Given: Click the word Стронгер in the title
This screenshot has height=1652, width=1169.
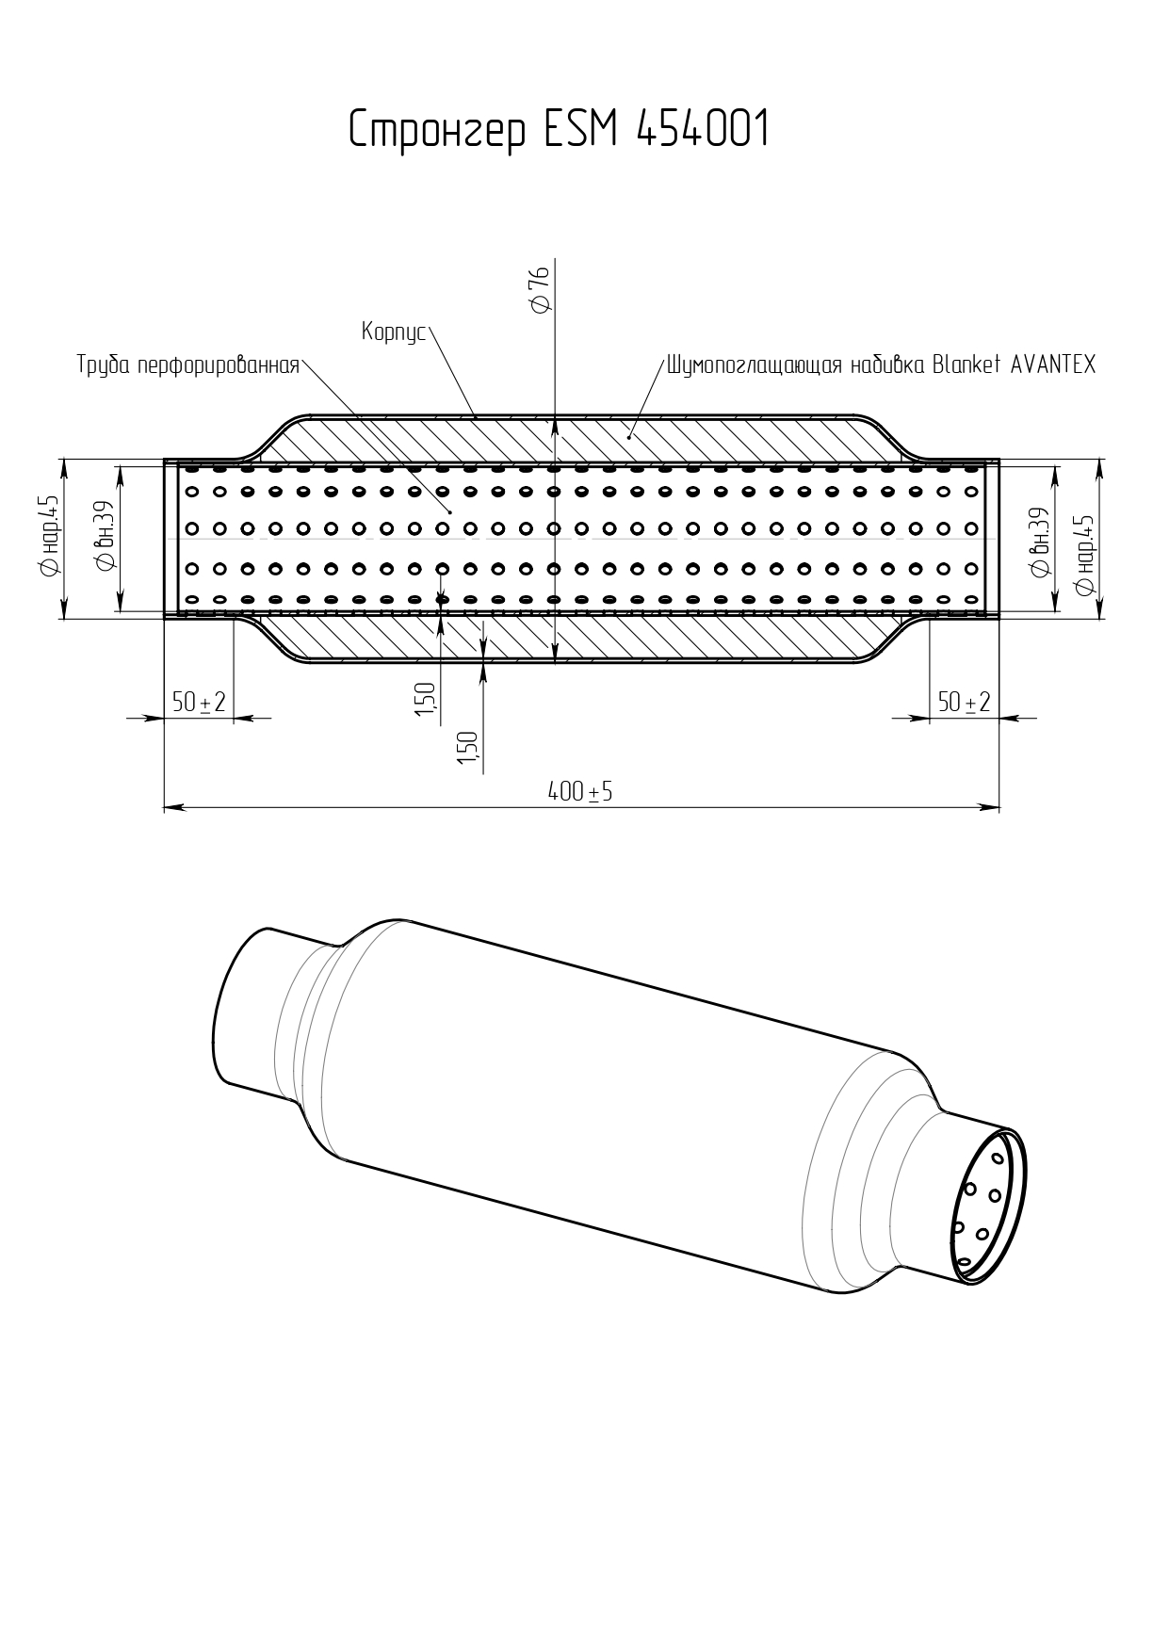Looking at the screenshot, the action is point(437,130).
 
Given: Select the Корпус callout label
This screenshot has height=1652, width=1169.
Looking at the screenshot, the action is point(395,333).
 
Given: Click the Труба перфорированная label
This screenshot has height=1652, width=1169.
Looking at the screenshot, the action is point(188,365).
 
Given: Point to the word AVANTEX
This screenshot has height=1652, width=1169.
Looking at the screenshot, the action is point(1053,364).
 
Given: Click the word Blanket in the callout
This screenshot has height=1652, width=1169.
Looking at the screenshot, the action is point(966,364).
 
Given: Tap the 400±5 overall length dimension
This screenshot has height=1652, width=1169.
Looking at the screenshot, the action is point(580,792).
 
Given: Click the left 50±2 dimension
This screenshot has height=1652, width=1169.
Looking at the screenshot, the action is point(199,702).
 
